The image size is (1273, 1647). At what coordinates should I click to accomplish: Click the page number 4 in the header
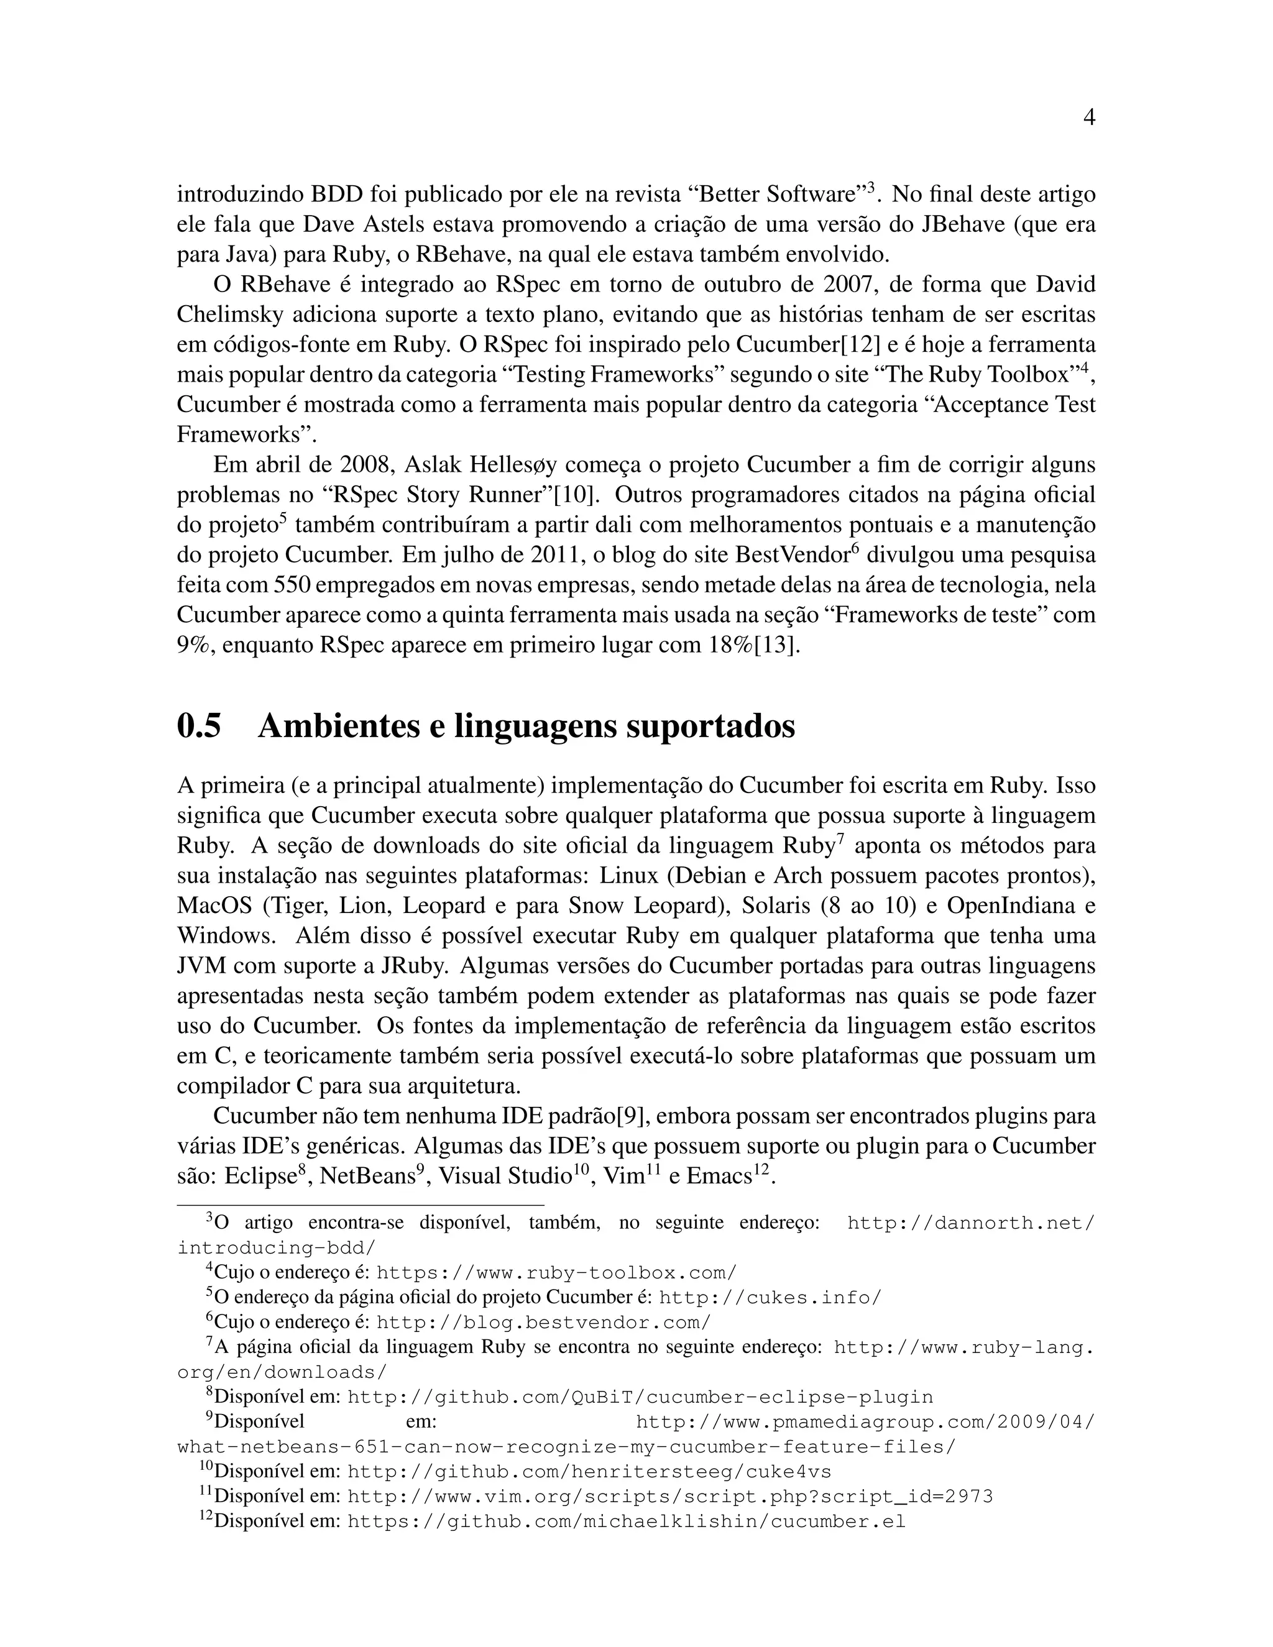pyautogui.click(x=1088, y=117)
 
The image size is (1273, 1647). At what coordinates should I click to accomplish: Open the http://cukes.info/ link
pyautogui.click(x=770, y=1298)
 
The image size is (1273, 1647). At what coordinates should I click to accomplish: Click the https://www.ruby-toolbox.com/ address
pyautogui.click(x=556, y=1273)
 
